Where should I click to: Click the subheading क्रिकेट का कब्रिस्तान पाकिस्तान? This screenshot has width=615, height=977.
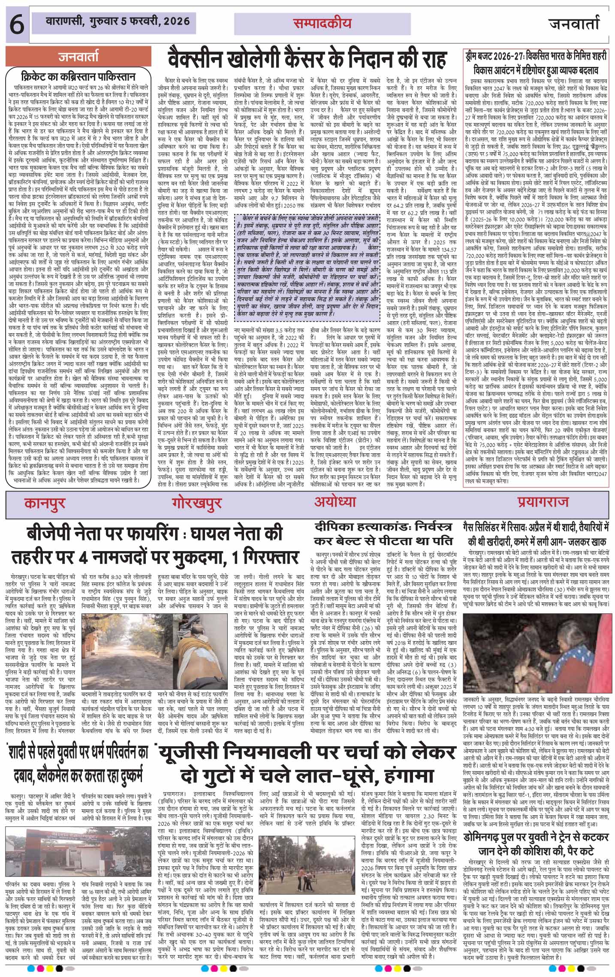78,77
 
